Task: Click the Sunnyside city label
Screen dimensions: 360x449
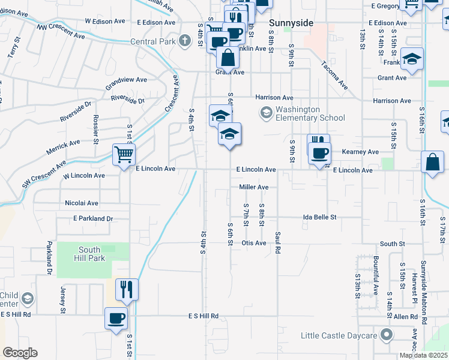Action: pos(291,23)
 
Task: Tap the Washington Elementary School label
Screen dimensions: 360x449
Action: pos(310,113)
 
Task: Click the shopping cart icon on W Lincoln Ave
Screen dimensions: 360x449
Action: pos(124,155)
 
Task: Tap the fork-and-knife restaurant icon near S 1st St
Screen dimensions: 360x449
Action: pos(127,289)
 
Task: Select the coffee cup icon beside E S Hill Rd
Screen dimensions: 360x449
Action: pos(116,318)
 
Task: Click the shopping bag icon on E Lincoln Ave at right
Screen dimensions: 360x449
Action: pos(432,162)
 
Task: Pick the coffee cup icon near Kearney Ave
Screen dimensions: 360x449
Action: pos(319,153)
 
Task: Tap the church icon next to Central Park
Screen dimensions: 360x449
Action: pos(186,41)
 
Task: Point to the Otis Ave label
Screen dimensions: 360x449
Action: pos(253,243)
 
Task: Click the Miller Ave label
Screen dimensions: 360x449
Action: pos(253,187)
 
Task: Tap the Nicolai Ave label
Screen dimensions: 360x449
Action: pos(82,203)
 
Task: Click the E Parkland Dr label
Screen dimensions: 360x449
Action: pos(93,219)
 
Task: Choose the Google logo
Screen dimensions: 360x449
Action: pos(20,353)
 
